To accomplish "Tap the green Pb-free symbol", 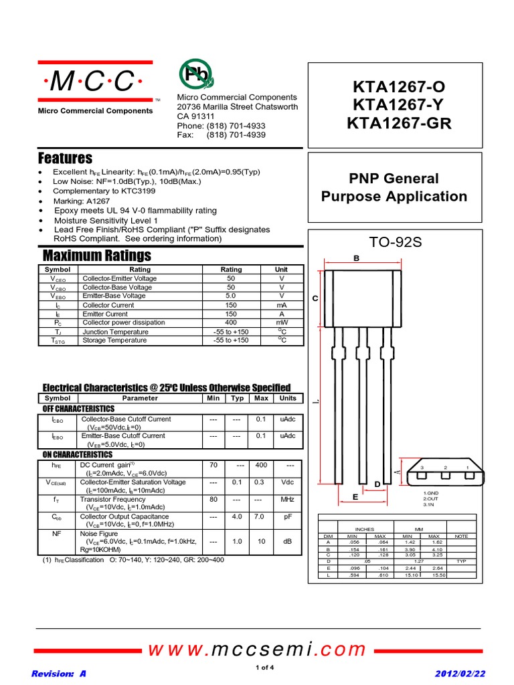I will click(x=195, y=74).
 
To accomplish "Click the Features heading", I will click(x=65, y=159).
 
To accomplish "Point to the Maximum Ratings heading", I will click(x=96, y=256).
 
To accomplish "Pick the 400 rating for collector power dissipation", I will click(x=232, y=322).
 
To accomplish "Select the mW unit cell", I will click(x=281, y=322).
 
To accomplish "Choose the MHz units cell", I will click(x=287, y=499).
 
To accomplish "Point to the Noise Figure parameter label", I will click(x=99, y=534).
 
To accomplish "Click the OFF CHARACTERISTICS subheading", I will click(x=78, y=409).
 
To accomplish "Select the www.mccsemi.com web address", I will click(x=257, y=650).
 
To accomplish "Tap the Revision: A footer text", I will click(x=59, y=674).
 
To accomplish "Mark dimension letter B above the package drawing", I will click(x=357, y=258).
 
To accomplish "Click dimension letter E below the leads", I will click(x=355, y=497).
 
